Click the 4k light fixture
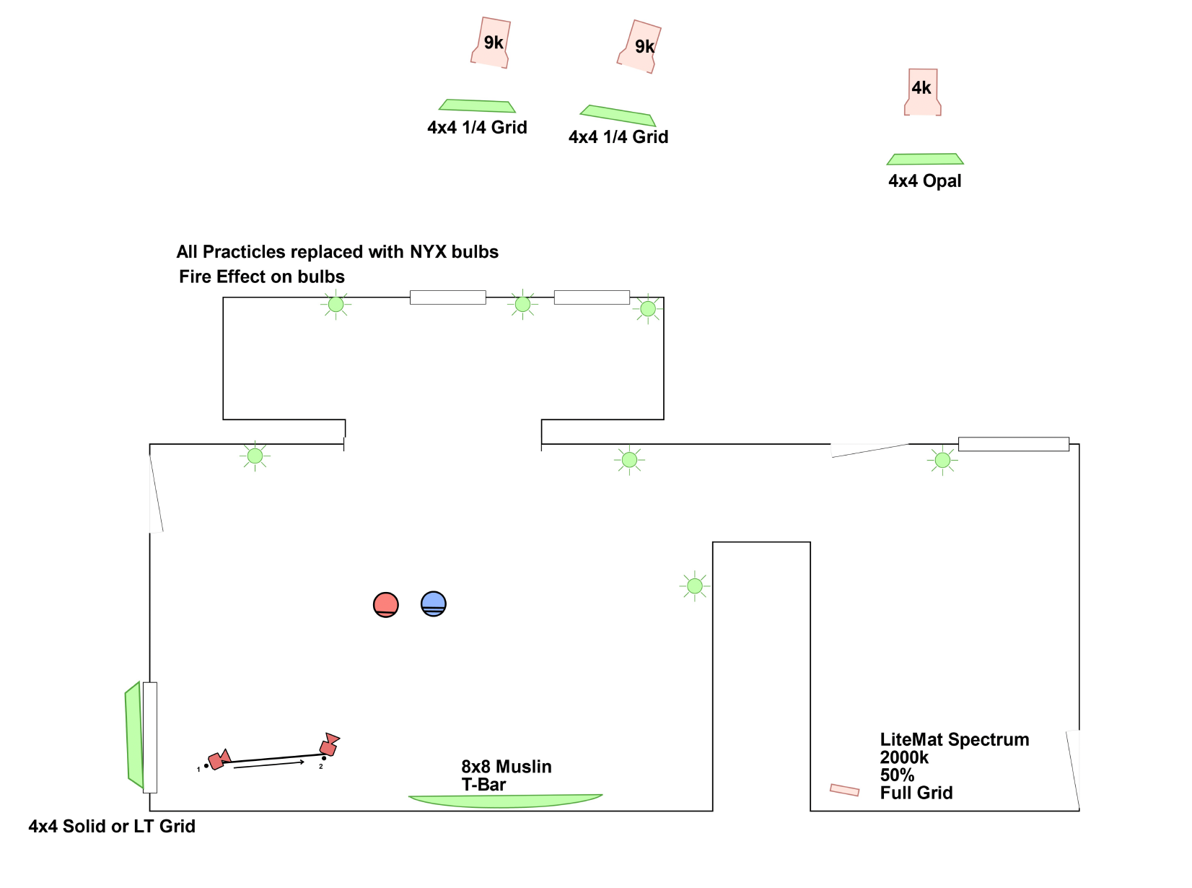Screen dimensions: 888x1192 click(x=922, y=92)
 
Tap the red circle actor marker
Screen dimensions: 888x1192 click(x=386, y=604)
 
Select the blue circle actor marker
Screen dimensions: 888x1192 click(x=434, y=604)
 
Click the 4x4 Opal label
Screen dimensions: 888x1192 click(x=924, y=181)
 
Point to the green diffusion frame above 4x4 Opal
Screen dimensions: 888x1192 click(x=925, y=159)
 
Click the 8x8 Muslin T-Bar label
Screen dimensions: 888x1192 click(x=506, y=775)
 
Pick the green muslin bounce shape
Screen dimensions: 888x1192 click(x=505, y=801)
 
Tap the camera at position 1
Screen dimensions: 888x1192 click(x=219, y=759)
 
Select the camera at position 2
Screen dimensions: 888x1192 click(x=329, y=745)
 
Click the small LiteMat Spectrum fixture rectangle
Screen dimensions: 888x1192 click(x=844, y=790)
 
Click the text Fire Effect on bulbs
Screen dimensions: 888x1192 click(x=262, y=277)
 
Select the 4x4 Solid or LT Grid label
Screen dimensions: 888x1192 click(x=112, y=827)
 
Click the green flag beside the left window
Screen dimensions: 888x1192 click(x=133, y=735)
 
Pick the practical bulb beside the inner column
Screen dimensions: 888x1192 click(x=695, y=586)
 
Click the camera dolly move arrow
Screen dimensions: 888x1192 click(x=269, y=764)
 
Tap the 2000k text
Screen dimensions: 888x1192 click(x=904, y=758)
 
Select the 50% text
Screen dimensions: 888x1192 click(x=897, y=775)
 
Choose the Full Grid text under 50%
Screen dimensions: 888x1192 click(x=916, y=793)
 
